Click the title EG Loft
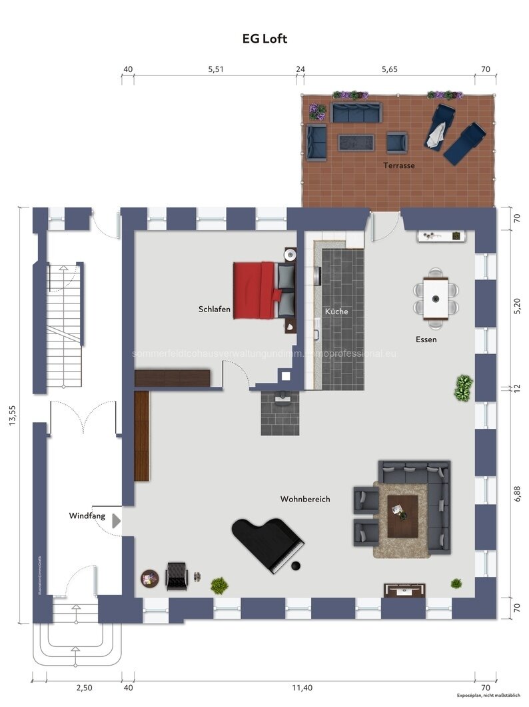[264, 39]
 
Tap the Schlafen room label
[215, 309]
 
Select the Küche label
[336, 311]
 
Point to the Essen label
[426, 339]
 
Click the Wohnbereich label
[305, 499]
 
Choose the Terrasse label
[399, 165]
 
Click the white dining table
[437, 297]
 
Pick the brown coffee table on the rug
[402, 516]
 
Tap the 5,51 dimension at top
[215, 69]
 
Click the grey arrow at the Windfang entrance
[117, 521]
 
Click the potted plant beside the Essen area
[464, 388]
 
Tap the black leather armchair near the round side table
[177, 576]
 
